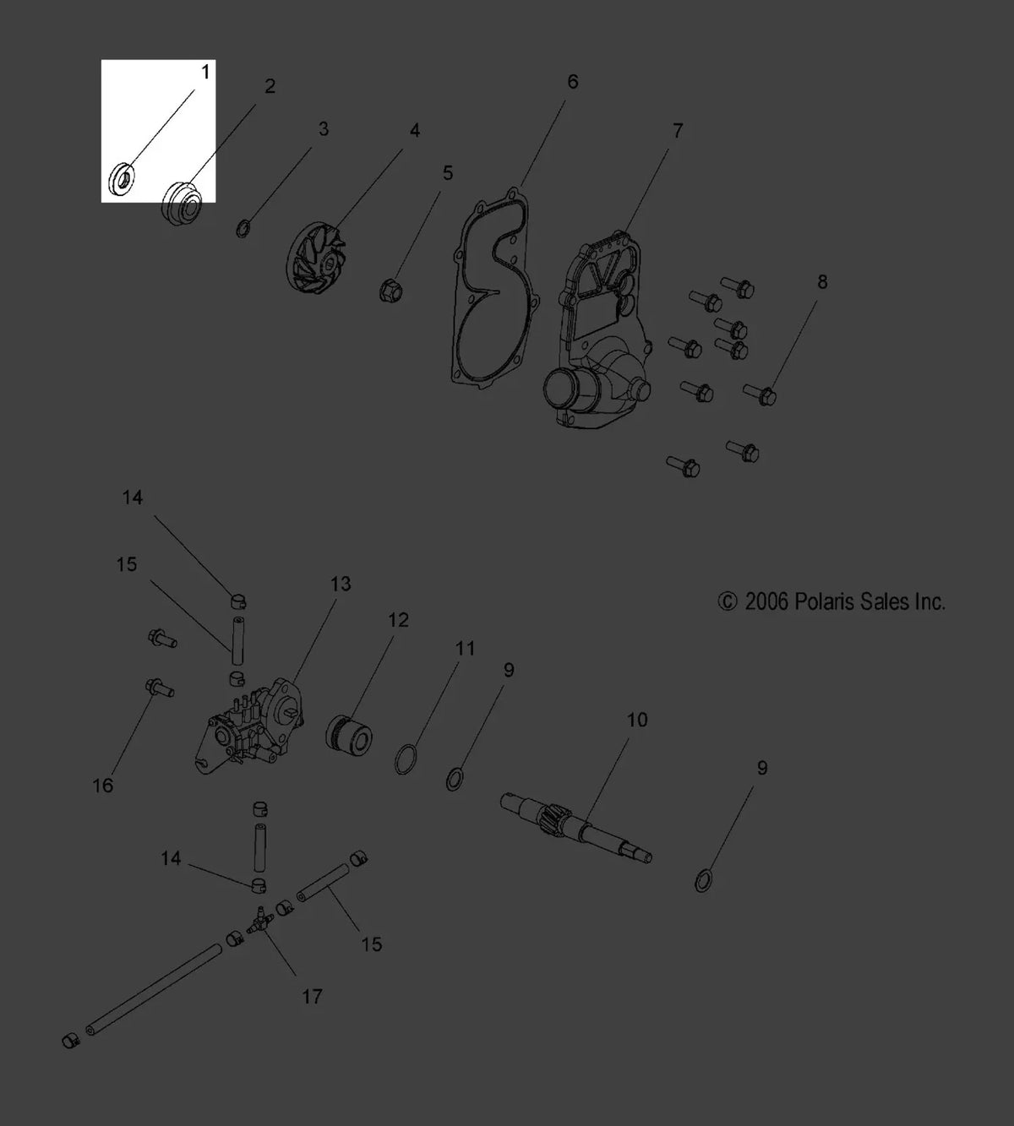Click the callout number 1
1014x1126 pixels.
coord(205,73)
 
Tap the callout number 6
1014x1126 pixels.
coord(572,82)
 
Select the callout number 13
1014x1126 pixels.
coord(341,584)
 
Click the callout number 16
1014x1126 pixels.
coord(103,786)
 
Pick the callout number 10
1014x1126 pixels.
coord(637,720)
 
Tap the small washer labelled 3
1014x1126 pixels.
coord(243,229)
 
